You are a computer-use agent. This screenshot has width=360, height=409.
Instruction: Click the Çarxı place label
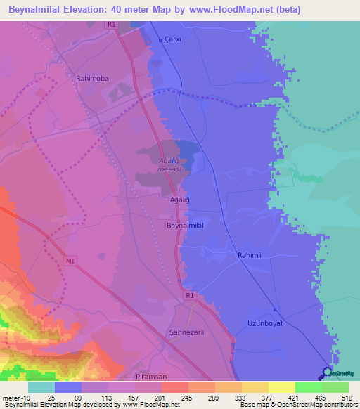[x=172, y=39]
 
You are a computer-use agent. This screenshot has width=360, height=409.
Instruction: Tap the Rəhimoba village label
[x=93, y=79]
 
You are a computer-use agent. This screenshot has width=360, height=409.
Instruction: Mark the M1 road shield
[x=68, y=261]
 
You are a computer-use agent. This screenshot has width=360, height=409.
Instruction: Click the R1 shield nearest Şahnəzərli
[x=190, y=297]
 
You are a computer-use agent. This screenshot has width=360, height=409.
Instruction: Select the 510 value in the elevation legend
[x=347, y=397]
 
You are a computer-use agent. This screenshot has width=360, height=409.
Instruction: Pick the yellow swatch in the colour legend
[x=281, y=387]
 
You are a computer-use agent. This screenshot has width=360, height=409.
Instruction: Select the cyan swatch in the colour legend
[x=41, y=387]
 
